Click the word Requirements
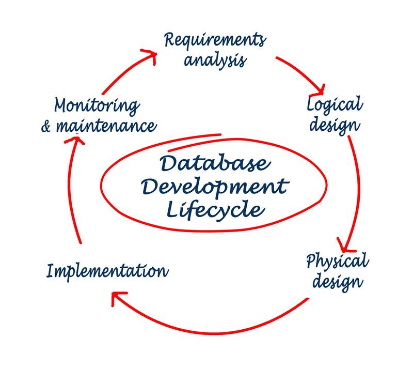(x=215, y=40)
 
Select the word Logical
(x=335, y=105)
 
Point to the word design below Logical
(x=335, y=125)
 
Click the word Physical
(x=337, y=262)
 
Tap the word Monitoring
(x=97, y=106)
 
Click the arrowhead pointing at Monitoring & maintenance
(x=76, y=141)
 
